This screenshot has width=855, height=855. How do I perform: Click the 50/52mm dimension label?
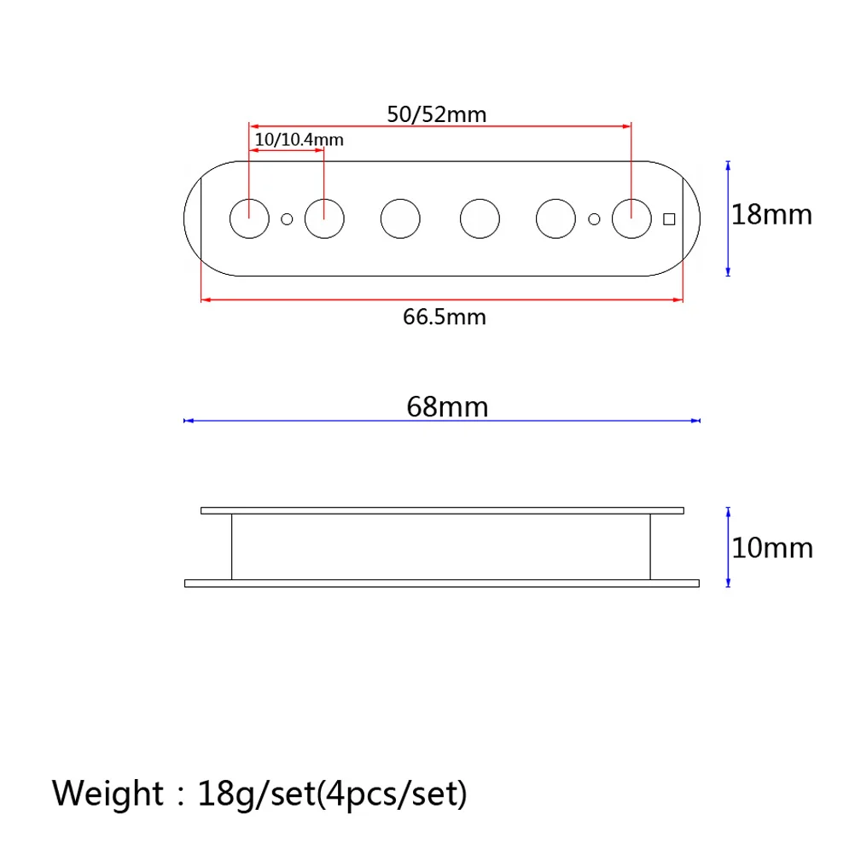(x=436, y=114)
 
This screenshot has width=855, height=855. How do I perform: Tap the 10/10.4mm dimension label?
(x=299, y=139)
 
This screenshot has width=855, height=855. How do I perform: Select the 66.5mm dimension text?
(x=444, y=317)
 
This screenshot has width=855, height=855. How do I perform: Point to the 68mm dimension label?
(x=447, y=406)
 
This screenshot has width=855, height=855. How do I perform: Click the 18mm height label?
(x=772, y=214)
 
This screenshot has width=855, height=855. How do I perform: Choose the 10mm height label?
(x=772, y=547)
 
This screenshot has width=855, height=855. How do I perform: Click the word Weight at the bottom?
(x=107, y=793)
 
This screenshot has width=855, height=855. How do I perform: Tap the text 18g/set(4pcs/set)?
(x=332, y=794)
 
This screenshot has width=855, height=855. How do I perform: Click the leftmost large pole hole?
(x=249, y=218)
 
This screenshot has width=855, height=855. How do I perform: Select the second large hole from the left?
(x=325, y=218)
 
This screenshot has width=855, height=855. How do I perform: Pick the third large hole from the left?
(x=400, y=218)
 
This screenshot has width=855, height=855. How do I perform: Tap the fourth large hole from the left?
(x=480, y=218)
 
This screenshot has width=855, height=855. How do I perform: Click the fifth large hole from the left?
(x=555, y=218)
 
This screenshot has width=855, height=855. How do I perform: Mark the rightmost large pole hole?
(x=631, y=218)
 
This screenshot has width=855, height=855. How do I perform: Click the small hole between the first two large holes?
(x=287, y=219)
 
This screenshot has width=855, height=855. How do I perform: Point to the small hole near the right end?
(x=594, y=219)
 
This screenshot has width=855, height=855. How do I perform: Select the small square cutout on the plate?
(x=669, y=219)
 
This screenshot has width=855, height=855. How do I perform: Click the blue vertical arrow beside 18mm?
(x=727, y=218)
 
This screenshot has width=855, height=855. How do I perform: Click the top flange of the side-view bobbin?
(x=442, y=510)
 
